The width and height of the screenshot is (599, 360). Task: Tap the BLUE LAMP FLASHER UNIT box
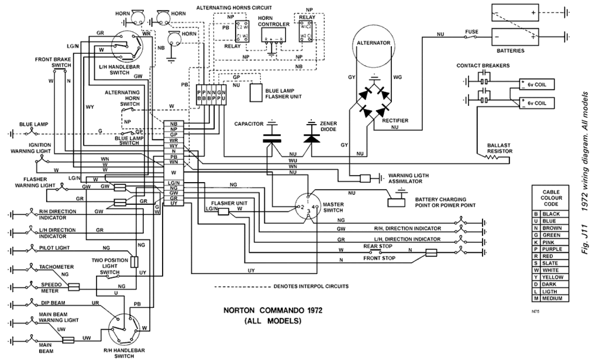[256, 92]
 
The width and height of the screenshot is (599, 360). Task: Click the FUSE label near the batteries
[472, 32]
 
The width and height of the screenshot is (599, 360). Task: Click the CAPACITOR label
[249, 125]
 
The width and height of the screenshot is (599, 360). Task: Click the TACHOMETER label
[56, 267]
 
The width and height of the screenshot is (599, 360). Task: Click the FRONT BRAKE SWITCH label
[53, 63]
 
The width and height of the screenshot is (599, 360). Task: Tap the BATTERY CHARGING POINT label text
[440, 202]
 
